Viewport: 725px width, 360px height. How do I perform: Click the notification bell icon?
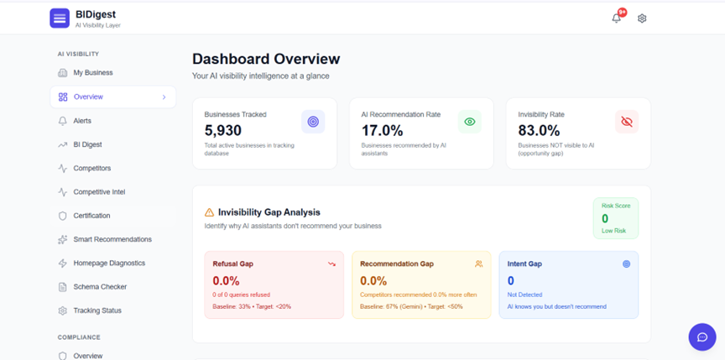[617, 18]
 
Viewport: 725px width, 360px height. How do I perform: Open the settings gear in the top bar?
[642, 18]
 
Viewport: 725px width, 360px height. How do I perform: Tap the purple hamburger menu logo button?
[60, 18]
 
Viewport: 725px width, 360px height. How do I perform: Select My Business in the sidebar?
[92, 73]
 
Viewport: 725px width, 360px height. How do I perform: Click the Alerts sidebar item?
[82, 121]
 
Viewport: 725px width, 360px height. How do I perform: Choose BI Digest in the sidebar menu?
[86, 144]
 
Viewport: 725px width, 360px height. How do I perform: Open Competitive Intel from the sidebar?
[98, 192]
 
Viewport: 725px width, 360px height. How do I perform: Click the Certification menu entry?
[91, 216]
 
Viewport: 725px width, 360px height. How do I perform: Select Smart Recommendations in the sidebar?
[112, 239]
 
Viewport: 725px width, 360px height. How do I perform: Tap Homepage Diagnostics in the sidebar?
[108, 263]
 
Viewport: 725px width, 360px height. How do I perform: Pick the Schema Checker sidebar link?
[100, 287]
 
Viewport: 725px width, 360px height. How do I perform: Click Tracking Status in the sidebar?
[96, 310]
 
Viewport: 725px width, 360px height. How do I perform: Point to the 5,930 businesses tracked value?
[223, 130]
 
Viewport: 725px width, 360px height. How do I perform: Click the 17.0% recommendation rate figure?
[382, 130]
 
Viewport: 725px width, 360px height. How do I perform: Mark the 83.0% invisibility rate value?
[539, 130]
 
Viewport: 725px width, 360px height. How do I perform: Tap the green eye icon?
[470, 122]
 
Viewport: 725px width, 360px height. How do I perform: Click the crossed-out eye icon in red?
[627, 122]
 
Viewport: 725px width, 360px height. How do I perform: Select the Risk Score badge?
[615, 218]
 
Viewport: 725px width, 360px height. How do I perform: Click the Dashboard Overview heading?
[266, 59]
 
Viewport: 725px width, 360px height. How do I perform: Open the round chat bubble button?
[702, 337]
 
